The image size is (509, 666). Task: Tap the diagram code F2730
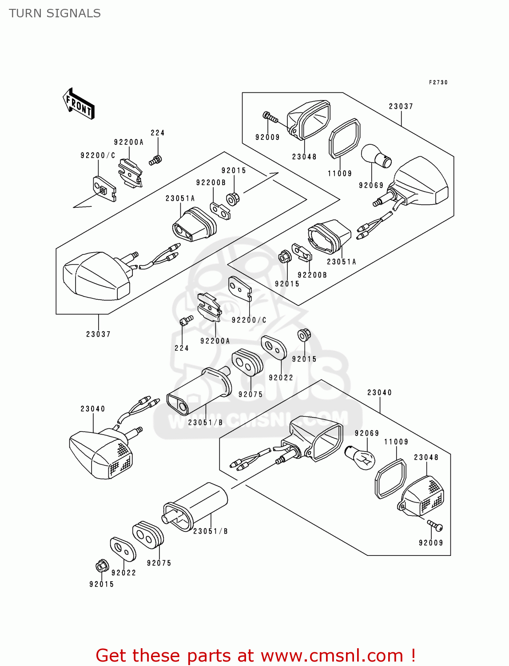438,83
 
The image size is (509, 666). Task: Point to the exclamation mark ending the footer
413,655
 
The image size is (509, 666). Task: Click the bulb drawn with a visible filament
361,458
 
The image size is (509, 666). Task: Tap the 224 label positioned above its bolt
158,133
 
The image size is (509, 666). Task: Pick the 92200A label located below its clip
215,341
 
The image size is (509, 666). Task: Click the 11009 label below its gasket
340,174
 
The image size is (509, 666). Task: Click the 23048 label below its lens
304,157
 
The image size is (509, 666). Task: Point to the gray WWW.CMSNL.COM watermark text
258,419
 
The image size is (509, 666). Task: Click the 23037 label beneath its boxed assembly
98,334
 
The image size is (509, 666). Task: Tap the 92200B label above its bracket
211,183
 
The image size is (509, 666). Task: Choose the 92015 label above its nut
234,170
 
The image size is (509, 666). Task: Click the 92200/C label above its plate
98,155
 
